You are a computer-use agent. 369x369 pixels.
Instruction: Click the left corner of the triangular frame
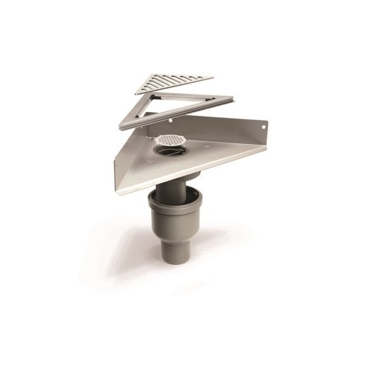click(122, 126)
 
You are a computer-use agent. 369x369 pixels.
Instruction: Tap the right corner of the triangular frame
click(233, 97)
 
